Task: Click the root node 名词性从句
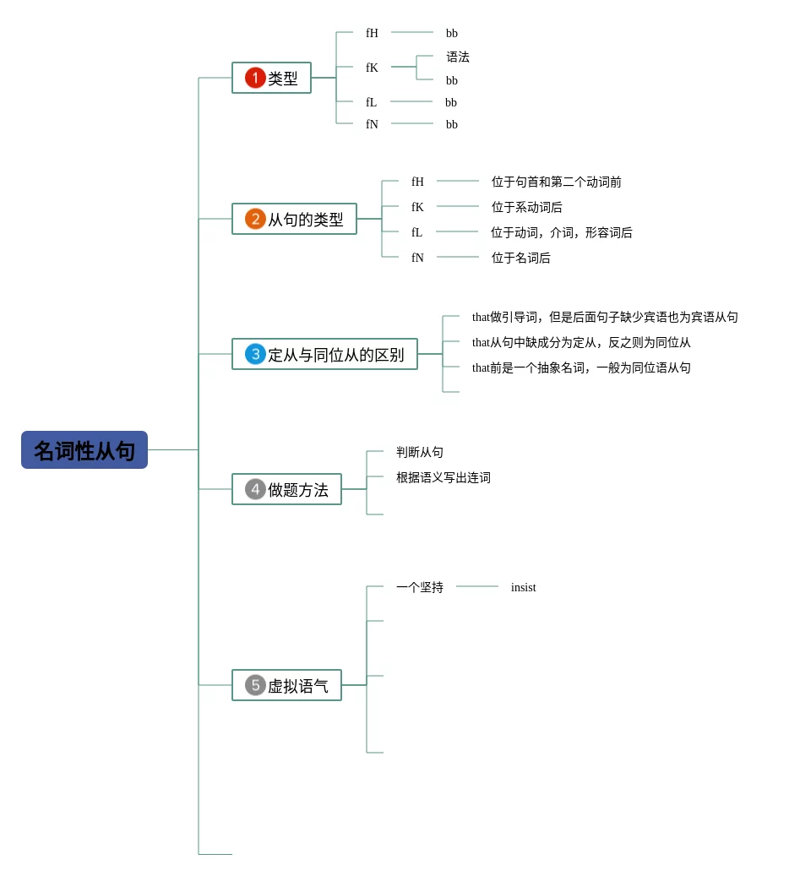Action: click(84, 449)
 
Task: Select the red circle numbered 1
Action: click(255, 78)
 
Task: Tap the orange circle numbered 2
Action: click(255, 219)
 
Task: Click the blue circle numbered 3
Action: click(255, 354)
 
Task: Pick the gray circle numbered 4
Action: click(255, 489)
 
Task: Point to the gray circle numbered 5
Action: click(255, 685)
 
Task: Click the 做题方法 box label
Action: click(298, 490)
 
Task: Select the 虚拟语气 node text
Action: click(298, 686)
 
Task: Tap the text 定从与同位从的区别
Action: click(336, 355)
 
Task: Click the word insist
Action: click(524, 587)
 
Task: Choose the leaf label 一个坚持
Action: click(420, 587)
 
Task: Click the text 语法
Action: click(458, 57)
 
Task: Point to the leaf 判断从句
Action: click(420, 452)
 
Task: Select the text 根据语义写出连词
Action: click(443, 477)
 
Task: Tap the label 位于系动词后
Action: click(527, 207)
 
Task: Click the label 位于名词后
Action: click(520, 258)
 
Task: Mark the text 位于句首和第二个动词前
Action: click(557, 182)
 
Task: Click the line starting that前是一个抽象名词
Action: click(581, 367)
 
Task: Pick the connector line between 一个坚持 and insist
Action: click(477, 586)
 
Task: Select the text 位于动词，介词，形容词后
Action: click(562, 232)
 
